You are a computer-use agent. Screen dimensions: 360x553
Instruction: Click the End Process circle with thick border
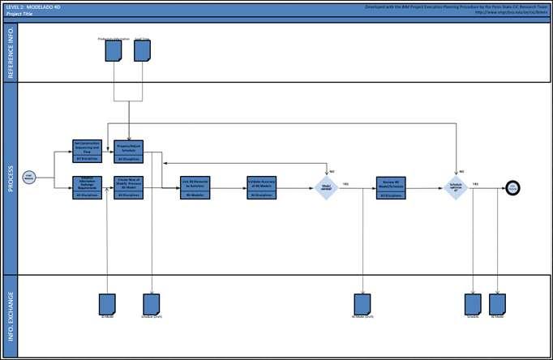(513, 188)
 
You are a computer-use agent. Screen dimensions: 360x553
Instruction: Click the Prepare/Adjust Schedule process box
(129, 150)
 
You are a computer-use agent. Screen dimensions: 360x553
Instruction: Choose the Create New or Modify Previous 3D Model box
(129, 187)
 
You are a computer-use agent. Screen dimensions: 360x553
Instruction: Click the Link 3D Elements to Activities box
(195, 187)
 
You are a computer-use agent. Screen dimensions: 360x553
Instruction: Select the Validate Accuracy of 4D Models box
(262, 187)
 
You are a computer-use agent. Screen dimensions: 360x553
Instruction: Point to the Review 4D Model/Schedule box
(391, 187)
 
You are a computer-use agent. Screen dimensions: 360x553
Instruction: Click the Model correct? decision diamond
(326, 188)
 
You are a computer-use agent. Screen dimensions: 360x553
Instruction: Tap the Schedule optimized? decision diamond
(456, 188)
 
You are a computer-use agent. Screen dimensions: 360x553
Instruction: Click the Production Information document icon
(114, 51)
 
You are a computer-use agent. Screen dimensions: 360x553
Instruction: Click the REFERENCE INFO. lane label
(11, 51)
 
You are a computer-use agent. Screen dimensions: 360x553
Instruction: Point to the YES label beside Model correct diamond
(345, 185)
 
